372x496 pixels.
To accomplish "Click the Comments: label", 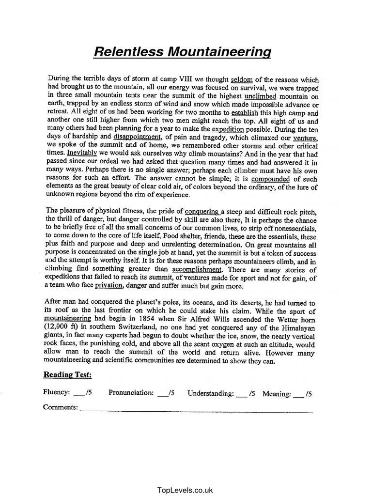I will [x=61, y=407].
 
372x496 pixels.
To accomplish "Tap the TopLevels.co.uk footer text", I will [x=186, y=490].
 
